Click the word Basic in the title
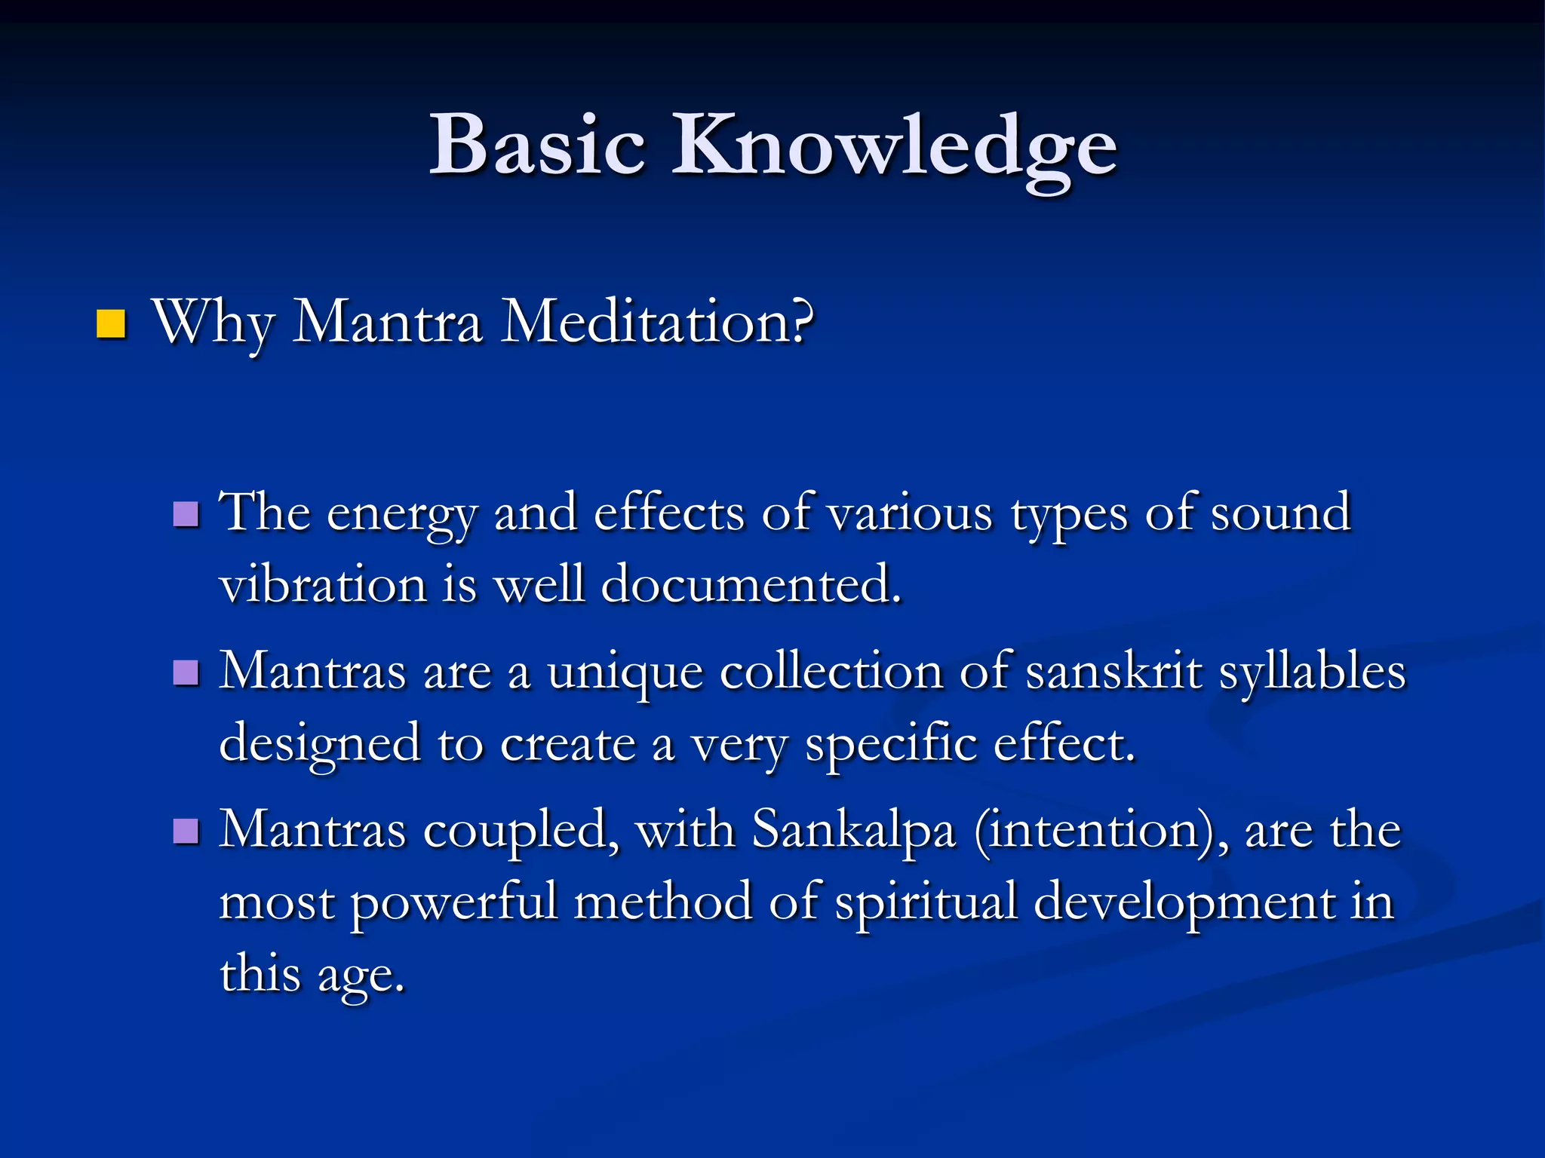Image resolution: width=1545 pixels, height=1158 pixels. (537, 145)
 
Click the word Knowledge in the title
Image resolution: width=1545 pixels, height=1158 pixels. (894, 147)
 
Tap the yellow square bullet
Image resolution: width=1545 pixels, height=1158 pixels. (111, 324)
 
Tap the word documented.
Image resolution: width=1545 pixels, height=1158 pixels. (751, 585)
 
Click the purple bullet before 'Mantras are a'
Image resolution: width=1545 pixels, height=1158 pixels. (186, 672)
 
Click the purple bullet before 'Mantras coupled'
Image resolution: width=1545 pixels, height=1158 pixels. (186, 832)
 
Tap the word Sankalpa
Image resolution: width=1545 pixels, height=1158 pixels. (854, 832)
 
